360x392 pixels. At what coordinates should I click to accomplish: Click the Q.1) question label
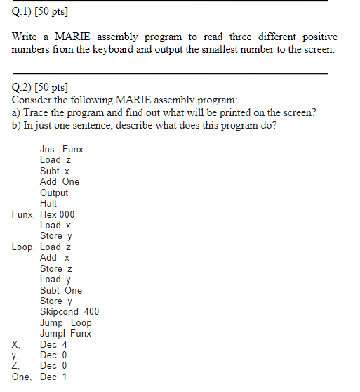[x=22, y=13]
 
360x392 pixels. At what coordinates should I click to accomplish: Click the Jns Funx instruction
[x=62, y=149]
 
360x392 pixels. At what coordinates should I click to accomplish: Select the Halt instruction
[x=49, y=203]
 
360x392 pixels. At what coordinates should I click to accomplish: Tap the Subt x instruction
[x=55, y=171]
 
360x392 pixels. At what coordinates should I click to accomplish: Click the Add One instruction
[x=60, y=181]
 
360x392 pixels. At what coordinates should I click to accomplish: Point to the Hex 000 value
[x=57, y=214]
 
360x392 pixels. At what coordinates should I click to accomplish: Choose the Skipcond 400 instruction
[x=69, y=312]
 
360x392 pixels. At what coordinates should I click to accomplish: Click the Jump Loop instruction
[x=65, y=322]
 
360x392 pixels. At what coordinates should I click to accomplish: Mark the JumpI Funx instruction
[x=65, y=334]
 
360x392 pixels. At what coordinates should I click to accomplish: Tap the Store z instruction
[x=56, y=268]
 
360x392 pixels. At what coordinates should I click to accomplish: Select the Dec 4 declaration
[x=53, y=344]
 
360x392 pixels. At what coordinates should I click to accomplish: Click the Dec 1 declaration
[x=53, y=377]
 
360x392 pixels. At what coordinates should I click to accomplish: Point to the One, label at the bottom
[x=22, y=377]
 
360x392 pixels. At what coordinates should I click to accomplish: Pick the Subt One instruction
[x=61, y=290]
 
